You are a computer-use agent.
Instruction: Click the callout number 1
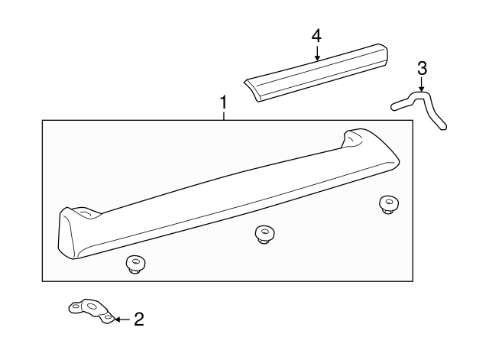coord(223,102)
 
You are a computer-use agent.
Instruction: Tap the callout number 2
coord(138,319)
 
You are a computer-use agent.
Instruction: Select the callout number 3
coord(422,69)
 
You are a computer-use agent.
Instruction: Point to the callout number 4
coord(316,35)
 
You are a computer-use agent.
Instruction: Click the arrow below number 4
coord(316,54)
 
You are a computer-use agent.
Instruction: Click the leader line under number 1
coord(223,115)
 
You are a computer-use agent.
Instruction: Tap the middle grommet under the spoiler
coord(265,235)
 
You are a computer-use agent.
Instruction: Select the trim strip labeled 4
coord(317,72)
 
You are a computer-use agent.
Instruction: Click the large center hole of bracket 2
coord(92,307)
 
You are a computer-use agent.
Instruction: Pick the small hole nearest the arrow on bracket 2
coord(108,316)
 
